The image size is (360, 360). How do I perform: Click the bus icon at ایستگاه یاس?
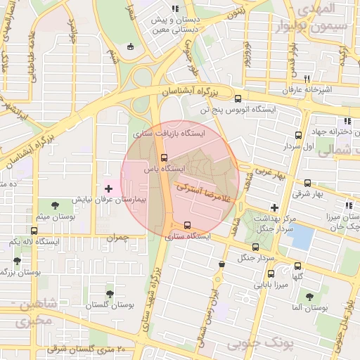pyautogui.click(x=164, y=157)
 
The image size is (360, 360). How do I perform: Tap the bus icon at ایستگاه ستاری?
pyautogui.click(x=186, y=226)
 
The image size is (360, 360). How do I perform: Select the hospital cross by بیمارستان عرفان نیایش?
pyautogui.click(x=108, y=188)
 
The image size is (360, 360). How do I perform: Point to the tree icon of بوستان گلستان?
pyautogui.click(x=109, y=294)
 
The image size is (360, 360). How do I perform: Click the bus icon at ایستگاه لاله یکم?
pyautogui.click(x=34, y=230)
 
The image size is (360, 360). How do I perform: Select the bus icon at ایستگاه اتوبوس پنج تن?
pyautogui.click(x=238, y=98)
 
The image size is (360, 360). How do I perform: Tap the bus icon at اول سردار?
pyautogui.click(x=298, y=135)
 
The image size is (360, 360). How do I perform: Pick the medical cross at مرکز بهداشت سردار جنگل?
pyautogui.click(x=274, y=207)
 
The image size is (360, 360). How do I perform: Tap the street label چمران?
pyautogui.click(x=117, y=239)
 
